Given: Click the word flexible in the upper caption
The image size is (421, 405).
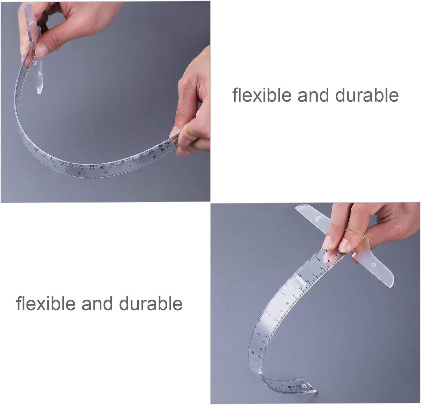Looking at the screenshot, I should pyautogui.click(x=262, y=95).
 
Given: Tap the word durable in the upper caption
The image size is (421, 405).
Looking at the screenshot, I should pyautogui.click(x=367, y=95).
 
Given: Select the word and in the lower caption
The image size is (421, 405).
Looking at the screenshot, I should pyautogui.click(x=97, y=304).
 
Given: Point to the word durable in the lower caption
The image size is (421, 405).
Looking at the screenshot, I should pyautogui.click(x=151, y=304).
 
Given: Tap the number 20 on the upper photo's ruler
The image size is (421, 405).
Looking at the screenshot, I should pyautogui.click(x=102, y=168).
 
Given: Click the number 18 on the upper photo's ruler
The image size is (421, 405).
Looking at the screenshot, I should pyautogui.click(x=81, y=168).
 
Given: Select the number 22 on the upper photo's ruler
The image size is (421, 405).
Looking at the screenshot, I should pyautogui.click(x=122, y=164).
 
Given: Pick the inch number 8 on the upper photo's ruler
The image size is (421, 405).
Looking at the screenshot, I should pyautogui.click(x=105, y=172).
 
